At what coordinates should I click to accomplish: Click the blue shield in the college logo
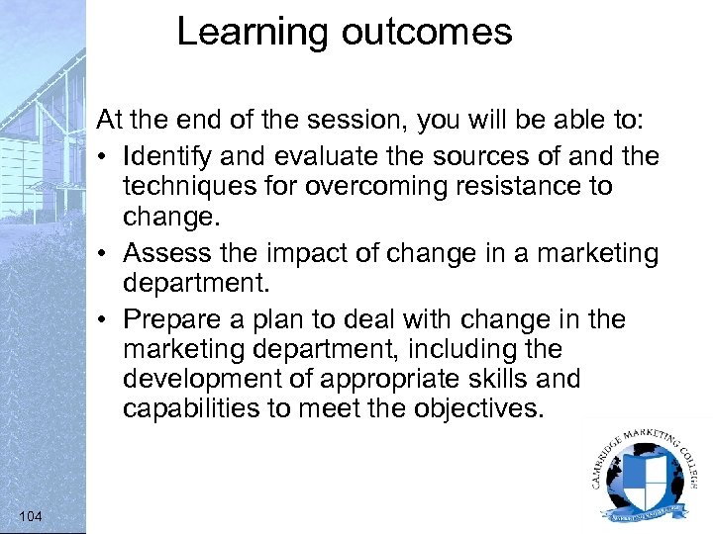tap(645, 478)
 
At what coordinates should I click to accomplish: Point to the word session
tap(362, 121)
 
